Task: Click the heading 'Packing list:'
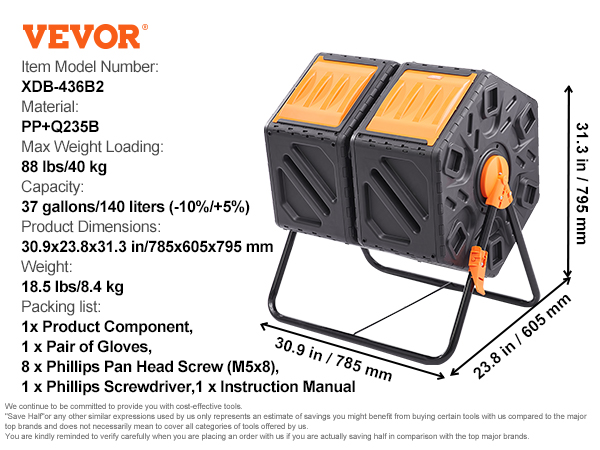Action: (x=65, y=307)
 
